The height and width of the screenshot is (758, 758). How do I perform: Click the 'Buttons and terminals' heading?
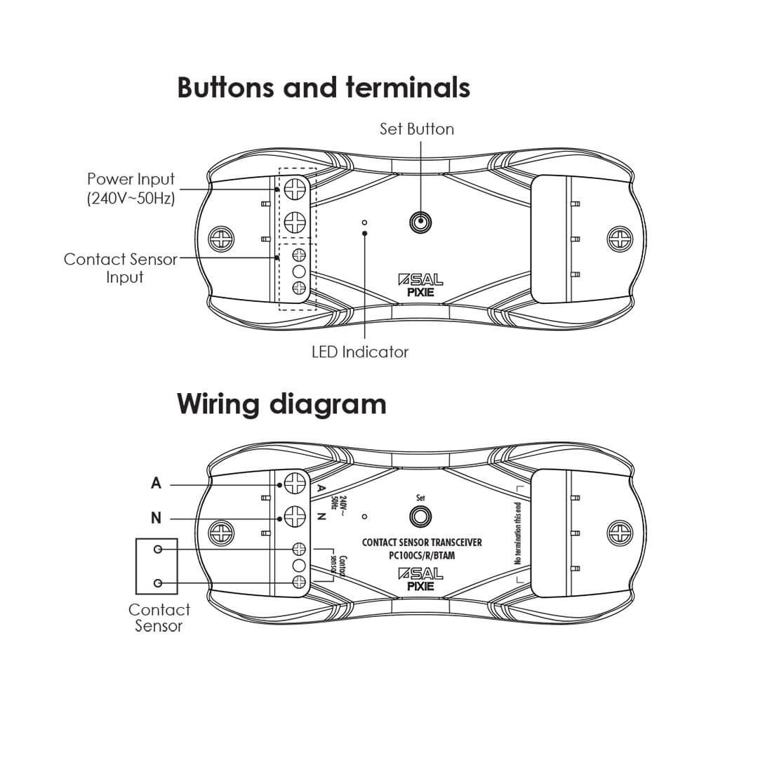click(324, 88)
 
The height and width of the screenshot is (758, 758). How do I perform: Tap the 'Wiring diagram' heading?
click(281, 404)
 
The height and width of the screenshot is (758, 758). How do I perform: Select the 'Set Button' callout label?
click(417, 129)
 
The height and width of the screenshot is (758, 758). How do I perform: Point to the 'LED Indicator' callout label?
click(360, 352)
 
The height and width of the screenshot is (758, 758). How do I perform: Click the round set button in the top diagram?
click(420, 222)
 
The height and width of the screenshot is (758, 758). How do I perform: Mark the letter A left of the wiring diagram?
click(156, 484)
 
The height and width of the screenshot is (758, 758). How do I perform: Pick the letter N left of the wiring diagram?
click(156, 519)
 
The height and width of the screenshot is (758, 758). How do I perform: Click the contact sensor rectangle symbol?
click(157, 566)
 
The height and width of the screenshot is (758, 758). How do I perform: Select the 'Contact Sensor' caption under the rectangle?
click(159, 618)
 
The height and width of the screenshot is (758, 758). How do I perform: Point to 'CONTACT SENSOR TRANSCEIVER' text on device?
click(422, 543)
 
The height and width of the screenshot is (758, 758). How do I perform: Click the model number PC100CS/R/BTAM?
click(422, 556)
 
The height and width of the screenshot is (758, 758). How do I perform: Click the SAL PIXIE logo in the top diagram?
click(420, 286)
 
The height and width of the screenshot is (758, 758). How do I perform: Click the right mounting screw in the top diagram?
click(620, 239)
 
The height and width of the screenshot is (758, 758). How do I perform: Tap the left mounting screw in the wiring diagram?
click(222, 532)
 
